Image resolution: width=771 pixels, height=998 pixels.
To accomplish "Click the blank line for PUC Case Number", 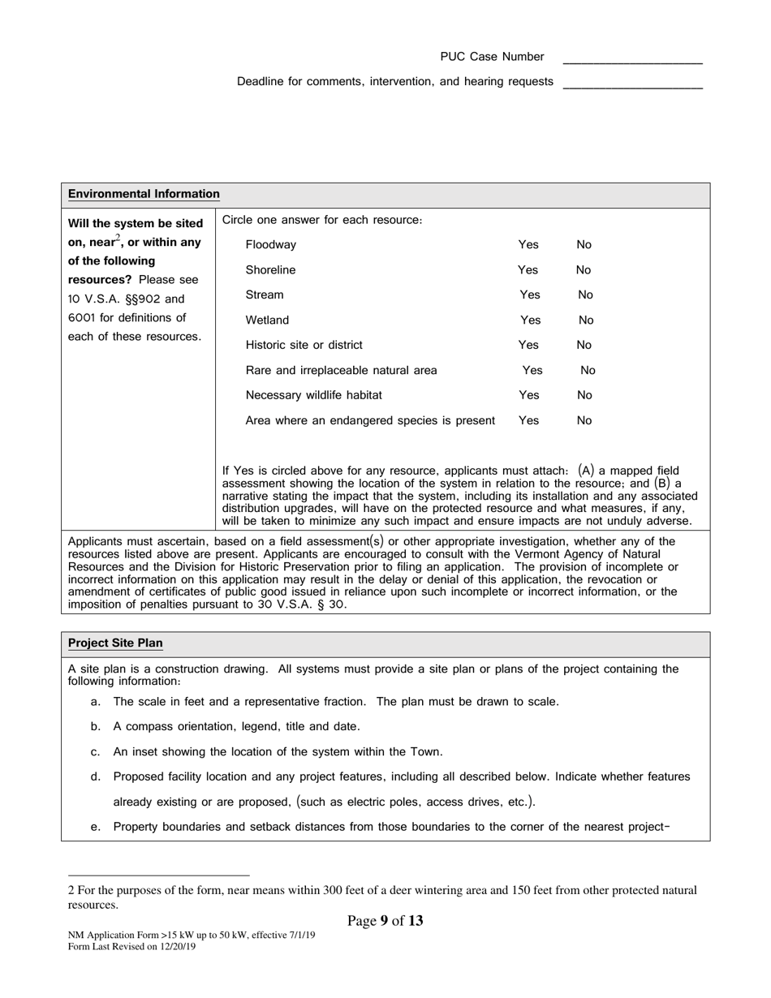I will pyautogui.click(x=632, y=61).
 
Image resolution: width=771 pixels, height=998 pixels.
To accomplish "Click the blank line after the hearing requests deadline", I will pyautogui.click(x=632, y=86).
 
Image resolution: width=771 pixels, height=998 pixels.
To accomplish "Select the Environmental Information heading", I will pyautogui.click(x=144, y=194).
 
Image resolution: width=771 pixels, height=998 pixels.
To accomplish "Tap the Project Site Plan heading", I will pyautogui.click(x=115, y=643).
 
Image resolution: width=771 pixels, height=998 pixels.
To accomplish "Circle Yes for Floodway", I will pyautogui.click(x=528, y=244).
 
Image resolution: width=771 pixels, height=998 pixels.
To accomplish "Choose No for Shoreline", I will pyautogui.click(x=584, y=269).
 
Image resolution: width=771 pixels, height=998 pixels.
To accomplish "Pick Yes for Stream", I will pyautogui.click(x=529, y=295).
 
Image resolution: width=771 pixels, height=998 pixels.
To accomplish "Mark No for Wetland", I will pyautogui.click(x=586, y=320).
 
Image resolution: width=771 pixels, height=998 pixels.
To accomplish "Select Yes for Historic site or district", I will pyautogui.click(x=528, y=345).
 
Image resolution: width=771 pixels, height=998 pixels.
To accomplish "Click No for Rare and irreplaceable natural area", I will pyautogui.click(x=588, y=370).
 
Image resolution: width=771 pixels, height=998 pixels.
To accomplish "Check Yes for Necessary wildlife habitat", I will pyautogui.click(x=528, y=395).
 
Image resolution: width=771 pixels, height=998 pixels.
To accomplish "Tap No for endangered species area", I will pyautogui.click(x=584, y=420).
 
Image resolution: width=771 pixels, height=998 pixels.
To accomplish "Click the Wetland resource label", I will pyautogui.click(x=267, y=320).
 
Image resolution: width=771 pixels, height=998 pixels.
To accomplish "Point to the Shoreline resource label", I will pyautogui.click(x=270, y=269).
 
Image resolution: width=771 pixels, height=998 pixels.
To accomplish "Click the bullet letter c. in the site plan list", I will pyautogui.click(x=96, y=751).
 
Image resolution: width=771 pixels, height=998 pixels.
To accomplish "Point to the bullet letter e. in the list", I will pyautogui.click(x=96, y=827).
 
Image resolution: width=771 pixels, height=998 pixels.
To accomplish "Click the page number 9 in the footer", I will pyautogui.click(x=384, y=921).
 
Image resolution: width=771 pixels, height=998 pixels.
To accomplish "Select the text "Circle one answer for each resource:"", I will pyautogui.click(x=322, y=220).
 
